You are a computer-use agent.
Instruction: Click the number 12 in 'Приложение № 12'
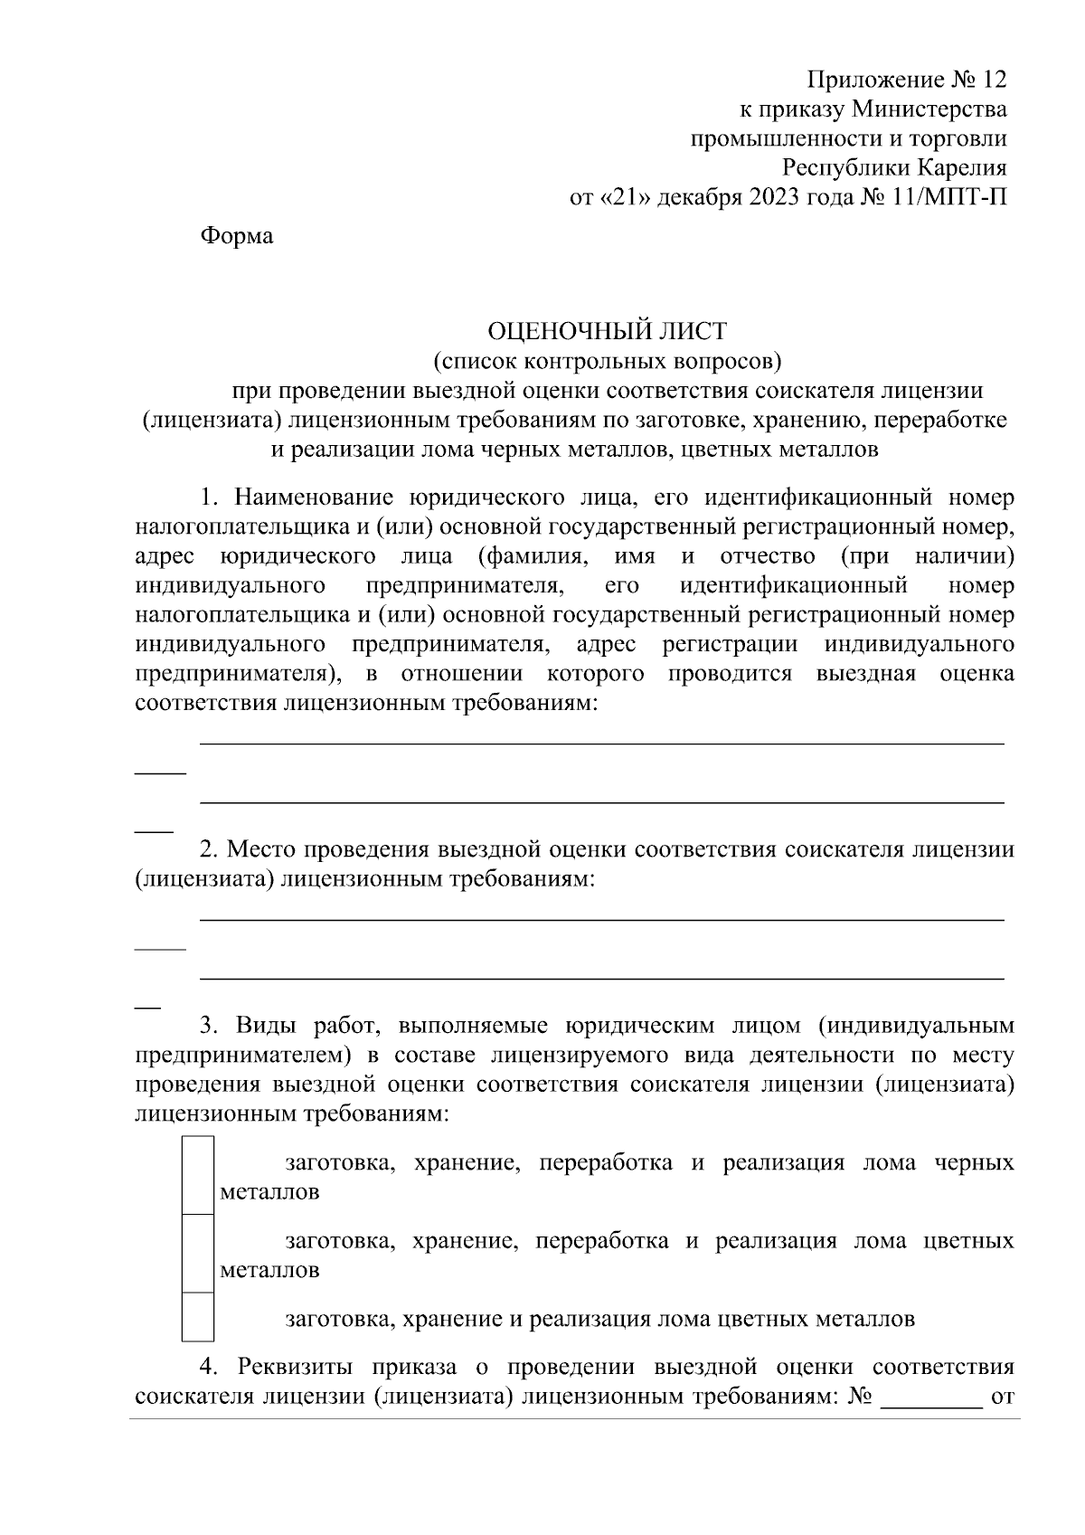coord(992,81)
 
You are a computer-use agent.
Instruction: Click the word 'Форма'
coord(236,237)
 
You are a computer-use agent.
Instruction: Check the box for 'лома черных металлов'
coord(198,1176)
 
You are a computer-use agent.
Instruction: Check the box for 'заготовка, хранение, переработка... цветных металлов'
coord(198,1254)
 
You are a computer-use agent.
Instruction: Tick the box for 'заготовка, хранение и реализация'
coord(198,1317)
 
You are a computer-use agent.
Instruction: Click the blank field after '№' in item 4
coord(931,1422)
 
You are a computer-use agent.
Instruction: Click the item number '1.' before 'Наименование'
coord(210,498)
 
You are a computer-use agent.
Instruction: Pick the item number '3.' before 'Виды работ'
coord(210,1027)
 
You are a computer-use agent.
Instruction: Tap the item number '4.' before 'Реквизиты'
coord(210,1367)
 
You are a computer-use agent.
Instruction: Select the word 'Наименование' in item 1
coord(313,498)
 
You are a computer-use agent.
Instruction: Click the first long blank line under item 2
coord(601,920)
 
